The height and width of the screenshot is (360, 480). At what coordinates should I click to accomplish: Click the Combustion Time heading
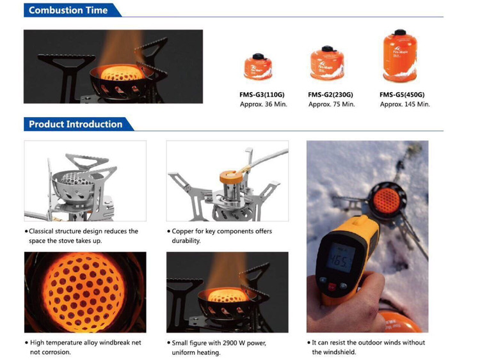(68, 10)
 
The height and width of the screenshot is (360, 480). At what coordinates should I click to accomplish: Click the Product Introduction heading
(76, 124)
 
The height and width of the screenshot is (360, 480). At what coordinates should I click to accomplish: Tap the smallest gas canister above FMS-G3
(258, 67)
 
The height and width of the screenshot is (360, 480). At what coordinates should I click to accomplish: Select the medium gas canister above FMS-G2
(327, 63)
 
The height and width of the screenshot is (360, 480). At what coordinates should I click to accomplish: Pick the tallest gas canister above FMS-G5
(400, 56)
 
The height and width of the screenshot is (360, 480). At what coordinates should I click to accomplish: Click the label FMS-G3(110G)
(262, 95)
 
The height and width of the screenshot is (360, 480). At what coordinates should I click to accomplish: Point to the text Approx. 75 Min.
(332, 104)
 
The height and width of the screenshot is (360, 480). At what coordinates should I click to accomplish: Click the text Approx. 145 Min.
(404, 104)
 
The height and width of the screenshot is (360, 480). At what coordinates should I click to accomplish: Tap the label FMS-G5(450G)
(402, 95)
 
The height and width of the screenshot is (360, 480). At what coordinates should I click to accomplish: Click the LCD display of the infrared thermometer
(340, 257)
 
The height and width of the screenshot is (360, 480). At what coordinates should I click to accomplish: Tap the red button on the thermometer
(332, 287)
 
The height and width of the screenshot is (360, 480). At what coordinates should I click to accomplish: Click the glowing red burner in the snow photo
(387, 201)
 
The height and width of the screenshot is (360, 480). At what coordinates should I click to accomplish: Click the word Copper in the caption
(183, 231)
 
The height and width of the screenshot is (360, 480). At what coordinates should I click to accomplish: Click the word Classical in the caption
(41, 231)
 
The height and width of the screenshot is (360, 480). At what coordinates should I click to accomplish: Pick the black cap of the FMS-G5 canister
(400, 32)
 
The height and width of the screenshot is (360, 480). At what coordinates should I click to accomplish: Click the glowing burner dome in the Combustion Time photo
(122, 74)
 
